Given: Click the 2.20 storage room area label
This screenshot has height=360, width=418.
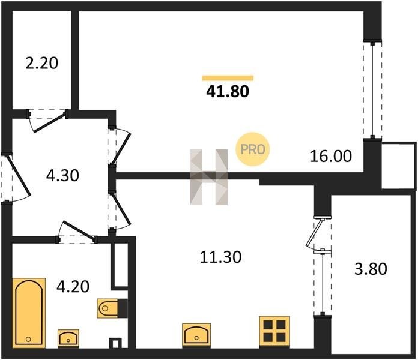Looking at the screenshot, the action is pyautogui.click(x=42, y=64).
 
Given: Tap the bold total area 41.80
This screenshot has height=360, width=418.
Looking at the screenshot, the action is pyautogui.click(x=228, y=91).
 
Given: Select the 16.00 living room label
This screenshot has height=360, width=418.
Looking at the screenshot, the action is pyautogui.click(x=331, y=156).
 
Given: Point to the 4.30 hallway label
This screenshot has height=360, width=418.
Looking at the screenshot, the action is pyautogui.click(x=62, y=176).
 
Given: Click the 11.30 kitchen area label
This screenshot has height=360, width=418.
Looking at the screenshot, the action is pyautogui.click(x=221, y=257).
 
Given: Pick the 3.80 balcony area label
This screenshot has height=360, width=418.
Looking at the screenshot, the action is pyautogui.click(x=371, y=269).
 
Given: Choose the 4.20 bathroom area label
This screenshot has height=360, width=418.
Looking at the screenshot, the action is pyautogui.click(x=73, y=287).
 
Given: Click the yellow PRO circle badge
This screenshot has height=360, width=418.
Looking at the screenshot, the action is pyautogui.click(x=253, y=149).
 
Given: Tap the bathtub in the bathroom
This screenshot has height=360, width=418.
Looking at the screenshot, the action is pyautogui.click(x=29, y=313).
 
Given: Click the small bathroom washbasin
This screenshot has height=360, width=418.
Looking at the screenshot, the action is pyautogui.click(x=68, y=338).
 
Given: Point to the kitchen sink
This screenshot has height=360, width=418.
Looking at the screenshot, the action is pyautogui.click(x=196, y=335).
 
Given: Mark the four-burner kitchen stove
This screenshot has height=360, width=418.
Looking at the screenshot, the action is pyautogui.click(x=274, y=332).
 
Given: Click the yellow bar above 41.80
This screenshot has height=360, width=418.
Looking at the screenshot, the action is pyautogui.click(x=228, y=78).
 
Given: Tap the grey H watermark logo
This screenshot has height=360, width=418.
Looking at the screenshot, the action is pyautogui.click(x=209, y=177).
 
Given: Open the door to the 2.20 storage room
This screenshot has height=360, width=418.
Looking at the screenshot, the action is pyautogui.click(x=48, y=120).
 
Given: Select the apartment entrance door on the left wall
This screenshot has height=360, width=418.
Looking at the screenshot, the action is pyautogui.click(x=16, y=177).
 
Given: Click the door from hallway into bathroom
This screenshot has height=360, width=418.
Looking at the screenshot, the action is pyautogui.click(x=77, y=232).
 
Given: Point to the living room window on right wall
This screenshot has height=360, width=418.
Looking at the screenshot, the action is pyautogui.click(x=373, y=89).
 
